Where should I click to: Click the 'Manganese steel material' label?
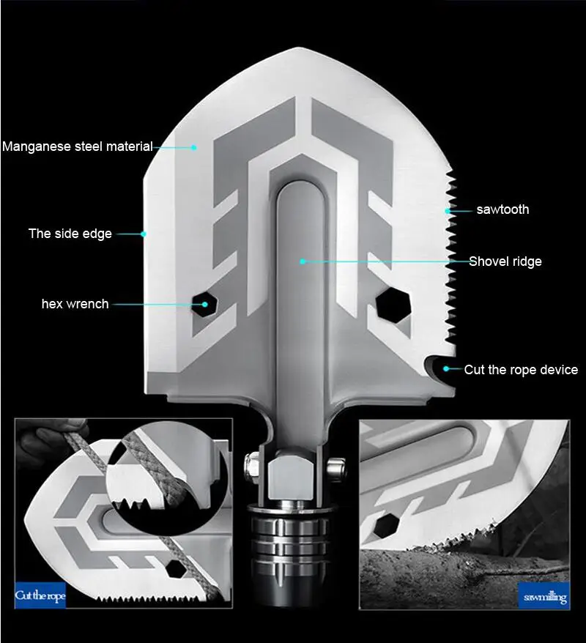78,146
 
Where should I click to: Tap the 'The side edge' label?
70,234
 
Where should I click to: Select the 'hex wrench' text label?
75,304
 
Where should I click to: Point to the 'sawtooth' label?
502,209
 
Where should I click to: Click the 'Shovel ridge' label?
505,261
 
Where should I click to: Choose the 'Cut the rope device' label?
521,370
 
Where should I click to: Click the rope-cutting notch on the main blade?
438,367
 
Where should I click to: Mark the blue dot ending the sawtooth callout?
447,210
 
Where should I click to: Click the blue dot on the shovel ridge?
301,261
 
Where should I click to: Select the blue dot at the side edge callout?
144,234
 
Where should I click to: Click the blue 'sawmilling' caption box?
544,597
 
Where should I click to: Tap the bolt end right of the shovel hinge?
337,467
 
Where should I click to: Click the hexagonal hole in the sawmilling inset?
387,524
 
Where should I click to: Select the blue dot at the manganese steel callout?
194,146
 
